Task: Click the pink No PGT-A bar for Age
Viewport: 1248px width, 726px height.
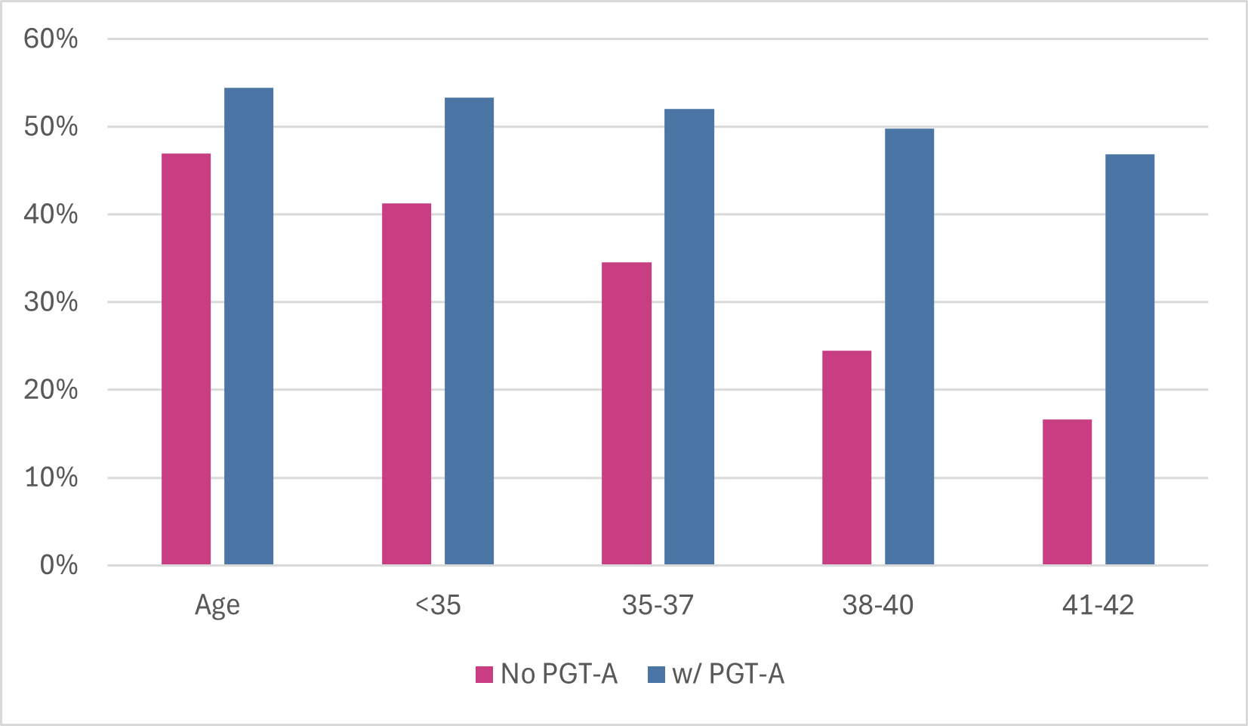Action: click(x=186, y=359)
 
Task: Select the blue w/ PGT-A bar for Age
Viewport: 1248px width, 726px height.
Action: click(x=248, y=326)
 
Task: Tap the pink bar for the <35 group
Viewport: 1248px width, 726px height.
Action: click(x=406, y=384)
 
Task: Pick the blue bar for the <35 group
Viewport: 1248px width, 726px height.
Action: click(x=469, y=331)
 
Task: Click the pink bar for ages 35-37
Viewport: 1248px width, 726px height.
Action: click(x=627, y=413)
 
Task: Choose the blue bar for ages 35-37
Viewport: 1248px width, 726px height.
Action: click(x=689, y=337)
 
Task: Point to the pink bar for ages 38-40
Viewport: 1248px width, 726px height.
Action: click(x=846, y=457)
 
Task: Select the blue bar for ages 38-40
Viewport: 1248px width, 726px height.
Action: click(x=909, y=347)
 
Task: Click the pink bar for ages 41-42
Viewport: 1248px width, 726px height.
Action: click(x=1067, y=492)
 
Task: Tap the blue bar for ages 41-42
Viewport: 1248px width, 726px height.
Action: click(x=1129, y=360)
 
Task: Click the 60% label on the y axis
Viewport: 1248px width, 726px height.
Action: click(x=51, y=39)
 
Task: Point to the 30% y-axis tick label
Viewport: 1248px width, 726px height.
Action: click(x=51, y=302)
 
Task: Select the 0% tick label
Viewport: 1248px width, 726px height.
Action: click(x=58, y=565)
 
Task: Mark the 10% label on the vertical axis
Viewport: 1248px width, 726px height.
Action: click(x=51, y=477)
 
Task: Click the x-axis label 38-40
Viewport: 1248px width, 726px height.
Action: click(x=877, y=605)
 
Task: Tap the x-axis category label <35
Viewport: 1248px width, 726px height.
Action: click(x=437, y=605)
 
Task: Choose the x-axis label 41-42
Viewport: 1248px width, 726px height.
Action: click(x=1098, y=605)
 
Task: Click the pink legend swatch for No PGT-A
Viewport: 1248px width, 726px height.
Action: click(x=484, y=674)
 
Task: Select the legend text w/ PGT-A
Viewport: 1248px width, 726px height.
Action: click(x=728, y=674)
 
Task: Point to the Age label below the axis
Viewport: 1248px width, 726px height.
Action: click(x=217, y=606)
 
